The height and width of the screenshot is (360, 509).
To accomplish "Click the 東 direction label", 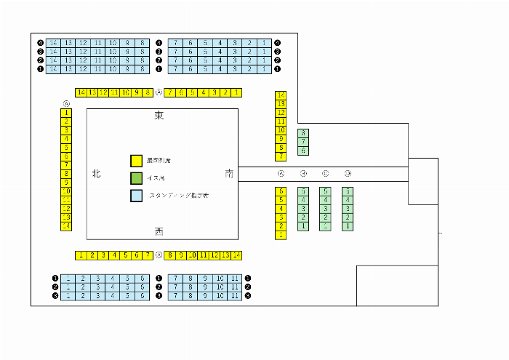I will point(159,116).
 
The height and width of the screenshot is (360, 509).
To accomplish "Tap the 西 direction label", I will point(159,231).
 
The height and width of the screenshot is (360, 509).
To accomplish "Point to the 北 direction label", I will point(96,174).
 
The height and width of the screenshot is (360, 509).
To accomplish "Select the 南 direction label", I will point(230,174).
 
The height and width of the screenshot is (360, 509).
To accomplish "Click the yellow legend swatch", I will point(135,161).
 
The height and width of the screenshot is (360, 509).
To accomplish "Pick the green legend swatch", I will point(135,178).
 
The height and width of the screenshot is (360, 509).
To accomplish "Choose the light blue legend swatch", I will point(135,196).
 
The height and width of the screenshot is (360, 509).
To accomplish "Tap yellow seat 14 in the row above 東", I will point(81,92).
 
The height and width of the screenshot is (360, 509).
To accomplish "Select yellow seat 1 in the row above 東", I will point(237,92).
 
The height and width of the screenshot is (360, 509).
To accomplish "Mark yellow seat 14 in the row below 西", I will point(236,255).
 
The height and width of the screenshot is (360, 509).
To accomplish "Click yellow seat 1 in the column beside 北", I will point(66,113).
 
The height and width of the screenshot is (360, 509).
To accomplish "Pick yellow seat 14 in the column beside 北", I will point(66,226).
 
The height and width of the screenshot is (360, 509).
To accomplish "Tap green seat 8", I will point(303,133).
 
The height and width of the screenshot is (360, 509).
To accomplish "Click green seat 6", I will point(303,151).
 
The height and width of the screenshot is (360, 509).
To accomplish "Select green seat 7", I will point(303,142).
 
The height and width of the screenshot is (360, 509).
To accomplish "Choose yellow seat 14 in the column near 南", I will point(281,95).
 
